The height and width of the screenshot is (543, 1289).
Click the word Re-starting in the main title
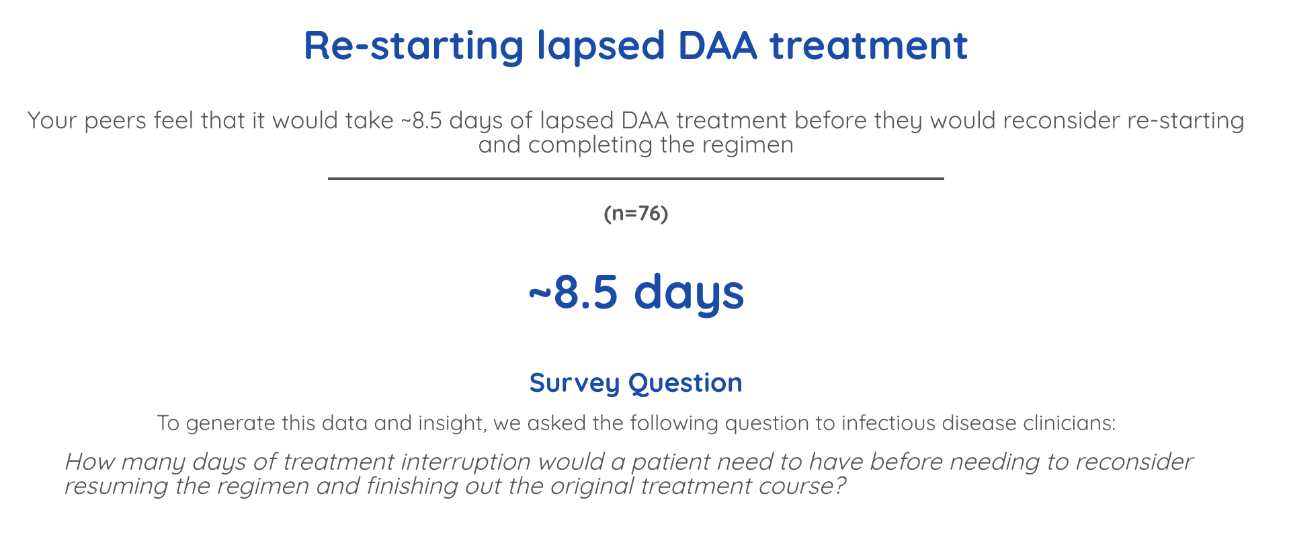413,46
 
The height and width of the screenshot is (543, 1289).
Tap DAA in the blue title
716,46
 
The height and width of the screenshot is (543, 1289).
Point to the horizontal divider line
636,179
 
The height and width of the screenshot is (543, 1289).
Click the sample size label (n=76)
636,214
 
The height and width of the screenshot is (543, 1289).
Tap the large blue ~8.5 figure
573,292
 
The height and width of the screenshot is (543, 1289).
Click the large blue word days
689,292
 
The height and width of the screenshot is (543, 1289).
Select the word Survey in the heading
574,383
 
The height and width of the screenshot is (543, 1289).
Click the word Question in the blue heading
685,383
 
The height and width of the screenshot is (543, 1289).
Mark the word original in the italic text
591,486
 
